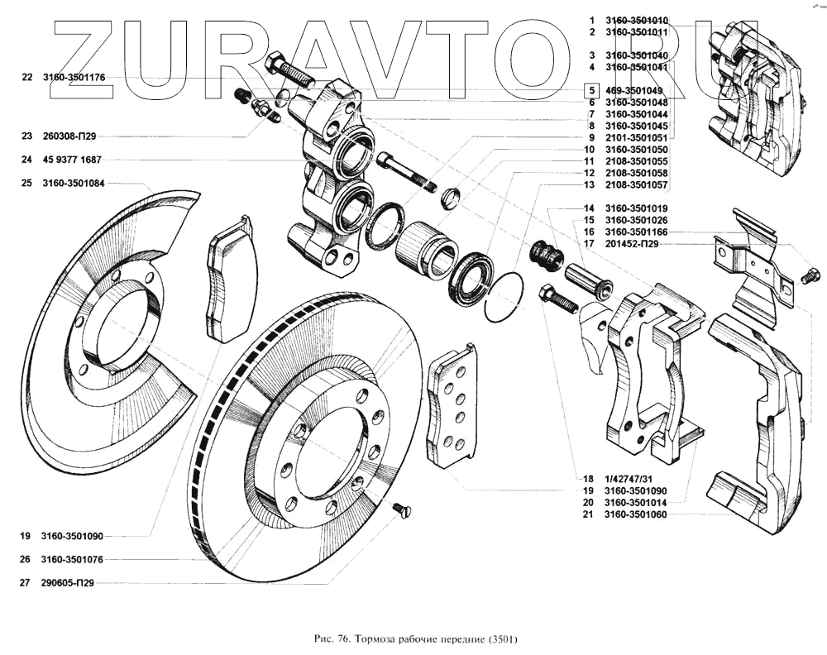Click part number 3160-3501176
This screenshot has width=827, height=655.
pos(81,77)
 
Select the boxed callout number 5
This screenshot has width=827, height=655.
pos(590,90)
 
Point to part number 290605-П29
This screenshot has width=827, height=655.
pos(69,583)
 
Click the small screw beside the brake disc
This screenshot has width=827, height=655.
pos(401,510)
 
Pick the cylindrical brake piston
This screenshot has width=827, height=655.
pos(425,249)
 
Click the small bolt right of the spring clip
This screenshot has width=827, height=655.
pos(811,275)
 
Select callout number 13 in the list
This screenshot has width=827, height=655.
pos(589,185)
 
